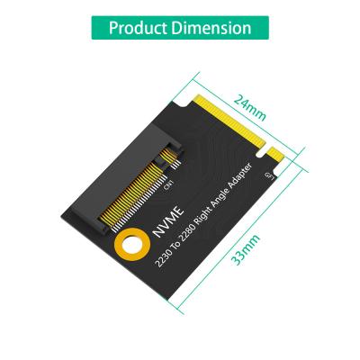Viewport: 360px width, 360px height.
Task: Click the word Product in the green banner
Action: (140, 27)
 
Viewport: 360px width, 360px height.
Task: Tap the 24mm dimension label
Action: (249, 106)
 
